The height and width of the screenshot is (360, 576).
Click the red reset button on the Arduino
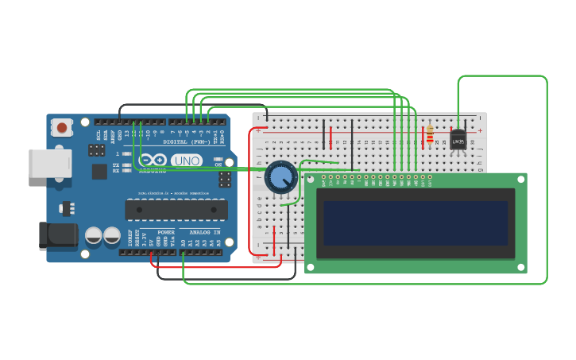[x=61, y=127]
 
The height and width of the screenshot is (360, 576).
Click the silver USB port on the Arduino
[x=50, y=163]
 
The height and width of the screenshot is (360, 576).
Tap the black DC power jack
[x=58, y=236]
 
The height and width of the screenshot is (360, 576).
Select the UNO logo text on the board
[x=187, y=161]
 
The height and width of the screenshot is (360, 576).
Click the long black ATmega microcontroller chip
[x=176, y=210]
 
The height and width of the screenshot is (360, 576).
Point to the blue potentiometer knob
[x=280, y=176]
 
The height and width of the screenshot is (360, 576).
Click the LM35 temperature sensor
[x=458, y=140]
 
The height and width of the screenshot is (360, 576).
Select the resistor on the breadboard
[x=430, y=134]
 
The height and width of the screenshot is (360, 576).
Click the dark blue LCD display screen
[x=415, y=223]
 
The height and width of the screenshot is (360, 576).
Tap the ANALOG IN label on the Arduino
[x=205, y=233]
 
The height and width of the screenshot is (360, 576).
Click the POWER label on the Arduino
[x=165, y=233]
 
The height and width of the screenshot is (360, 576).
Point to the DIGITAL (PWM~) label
[x=187, y=141]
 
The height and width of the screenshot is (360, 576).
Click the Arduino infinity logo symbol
[x=153, y=160]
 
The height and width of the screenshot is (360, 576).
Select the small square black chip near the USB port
[x=99, y=172]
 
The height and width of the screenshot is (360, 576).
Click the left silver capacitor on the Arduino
[x=94, y=235]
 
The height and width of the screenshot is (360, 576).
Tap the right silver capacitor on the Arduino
[x=112, y=235]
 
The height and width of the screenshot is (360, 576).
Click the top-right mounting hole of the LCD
[x=520, y=180]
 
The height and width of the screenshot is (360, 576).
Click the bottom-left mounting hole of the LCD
[x=311, y=267]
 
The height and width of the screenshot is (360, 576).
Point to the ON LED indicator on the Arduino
[x=218, y=159]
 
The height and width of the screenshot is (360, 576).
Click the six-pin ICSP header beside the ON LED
[x=226, y=179]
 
